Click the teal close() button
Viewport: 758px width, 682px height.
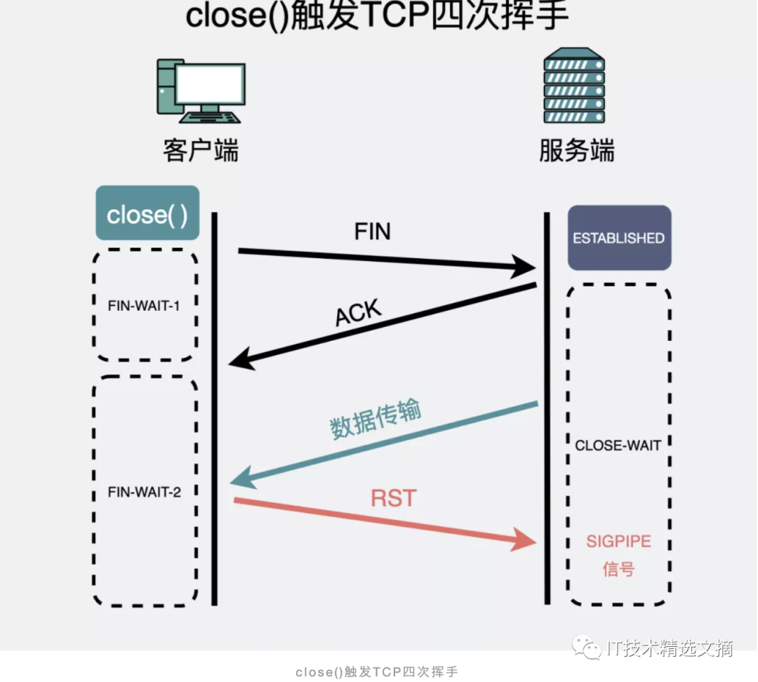[x=147, y=214]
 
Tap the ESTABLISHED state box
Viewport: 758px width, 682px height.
[x=619, y=238]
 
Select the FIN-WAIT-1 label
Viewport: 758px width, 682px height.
[x=144, y=306]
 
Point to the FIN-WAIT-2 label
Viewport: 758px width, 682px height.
[x=145, y=492]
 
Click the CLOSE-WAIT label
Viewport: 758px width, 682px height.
[x=618, y=445]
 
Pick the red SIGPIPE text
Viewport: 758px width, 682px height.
[x=618, y=542]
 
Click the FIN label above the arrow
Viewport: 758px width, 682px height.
[x=372, y=232]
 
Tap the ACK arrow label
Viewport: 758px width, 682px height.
[x=358, y=314]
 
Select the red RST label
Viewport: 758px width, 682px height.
[x=394, y=499]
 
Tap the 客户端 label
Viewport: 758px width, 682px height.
[x=201, y=151]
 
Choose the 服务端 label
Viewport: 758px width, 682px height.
[x=577, y=151]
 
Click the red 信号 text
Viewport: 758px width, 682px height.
[x=618, y=569]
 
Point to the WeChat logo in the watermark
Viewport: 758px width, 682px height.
[x=587, y=648]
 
